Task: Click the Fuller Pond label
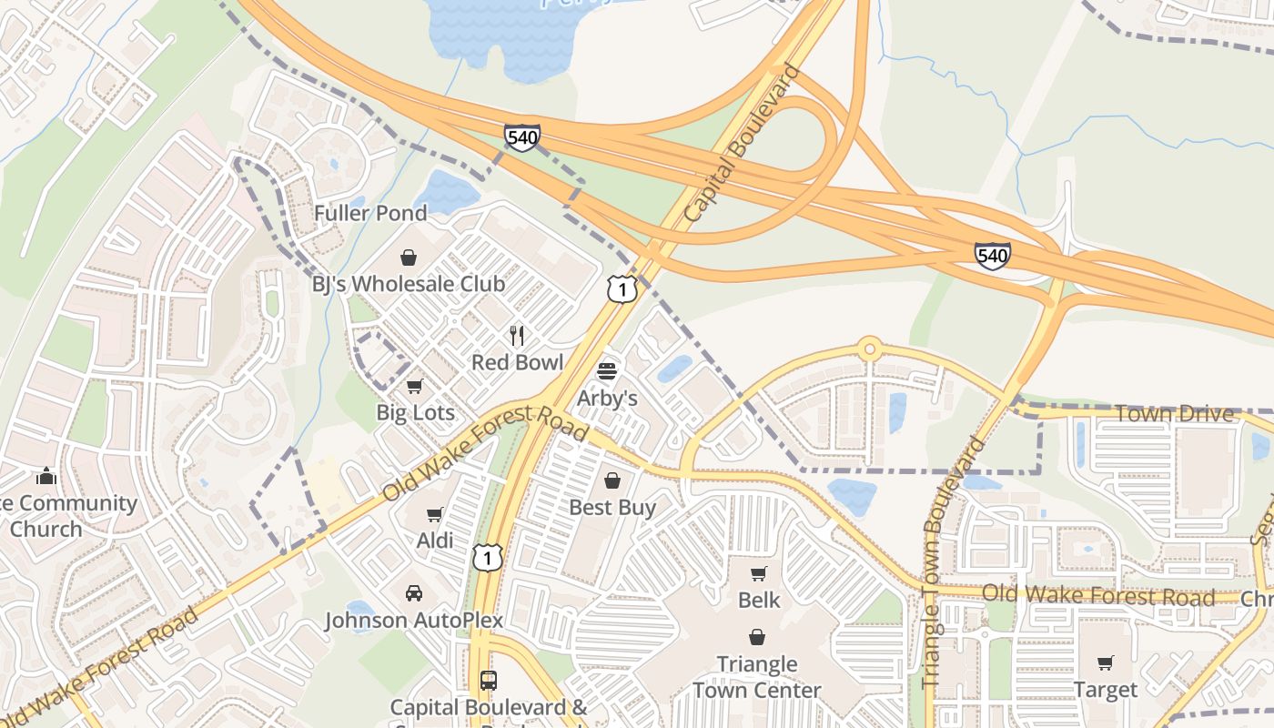[x=370, y=213]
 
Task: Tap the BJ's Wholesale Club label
[x=409, y=283]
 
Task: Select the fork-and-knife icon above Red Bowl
[x=517, y=336]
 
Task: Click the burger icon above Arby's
[x=607, y=371]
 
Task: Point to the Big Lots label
[x=415, y=412]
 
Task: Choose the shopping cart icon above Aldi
[x=434, y=515]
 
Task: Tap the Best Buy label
[x=612, y=507]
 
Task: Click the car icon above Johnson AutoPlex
[x=414, y=593]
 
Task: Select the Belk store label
[x=759, y=600]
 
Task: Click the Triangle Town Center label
[x=757, y=677]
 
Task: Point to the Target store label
[x=1106, y=690]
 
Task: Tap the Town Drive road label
[x=1174, y=414]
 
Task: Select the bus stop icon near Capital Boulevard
[x=489, y=680]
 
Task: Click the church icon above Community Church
[x=46, y=476]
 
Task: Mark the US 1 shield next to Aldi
[x=488, y=557]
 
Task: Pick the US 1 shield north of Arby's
[x=622, y=289]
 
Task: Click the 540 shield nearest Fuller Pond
[x=522, y=138]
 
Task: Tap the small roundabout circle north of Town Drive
[x=870, y=348]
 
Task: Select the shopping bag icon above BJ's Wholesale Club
[x=409, y=258]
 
